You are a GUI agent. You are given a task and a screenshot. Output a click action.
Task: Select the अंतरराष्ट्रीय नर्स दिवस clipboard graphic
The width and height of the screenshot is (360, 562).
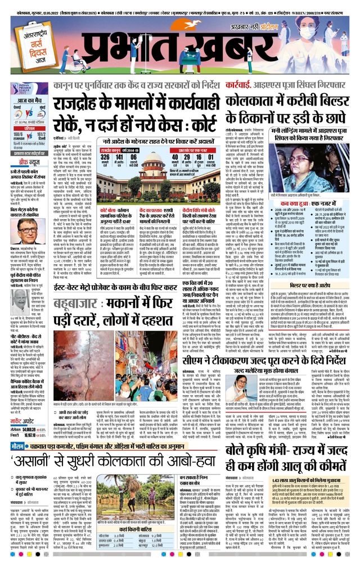click(29, 48)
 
